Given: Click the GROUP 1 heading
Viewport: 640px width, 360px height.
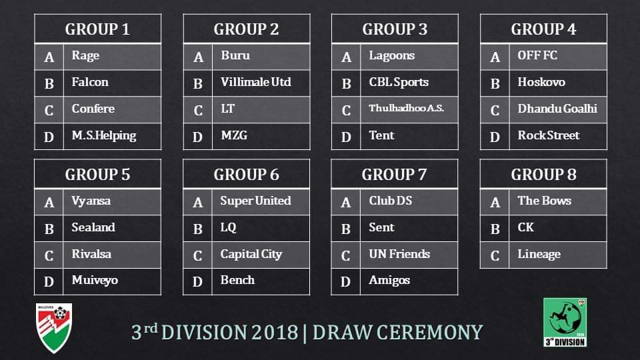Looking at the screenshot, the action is pos(97,29).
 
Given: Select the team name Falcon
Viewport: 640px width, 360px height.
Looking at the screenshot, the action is pos(90,82).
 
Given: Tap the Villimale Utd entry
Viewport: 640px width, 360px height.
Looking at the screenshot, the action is pos(256,82).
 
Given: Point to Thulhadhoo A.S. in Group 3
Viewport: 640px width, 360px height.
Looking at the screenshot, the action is pos(406,108).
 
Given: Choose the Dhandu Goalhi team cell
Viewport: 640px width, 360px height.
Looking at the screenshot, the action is pos(557,109).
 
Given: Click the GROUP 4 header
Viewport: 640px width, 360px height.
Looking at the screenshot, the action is pos(543,29).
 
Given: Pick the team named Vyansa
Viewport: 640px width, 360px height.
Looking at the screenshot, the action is pos(91,201).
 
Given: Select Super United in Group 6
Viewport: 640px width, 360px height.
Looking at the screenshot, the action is pos(255,201).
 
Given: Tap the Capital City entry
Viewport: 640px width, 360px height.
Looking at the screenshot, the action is pos(251,254).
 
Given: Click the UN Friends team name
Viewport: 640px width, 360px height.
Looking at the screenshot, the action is pos(399,254).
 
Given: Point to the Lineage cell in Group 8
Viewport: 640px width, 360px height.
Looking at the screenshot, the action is pos(539,254).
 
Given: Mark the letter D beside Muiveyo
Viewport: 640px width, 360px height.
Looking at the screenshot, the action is pos(49,281).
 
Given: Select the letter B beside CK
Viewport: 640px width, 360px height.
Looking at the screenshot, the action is pos(495,229).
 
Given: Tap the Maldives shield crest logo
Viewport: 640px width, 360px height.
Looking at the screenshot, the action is pos(54,328).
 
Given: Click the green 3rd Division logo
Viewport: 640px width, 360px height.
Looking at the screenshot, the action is pos(565,323).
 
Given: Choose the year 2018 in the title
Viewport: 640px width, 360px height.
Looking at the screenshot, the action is pos(275,333).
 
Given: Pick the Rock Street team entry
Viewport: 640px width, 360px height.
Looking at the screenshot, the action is pos(549,135).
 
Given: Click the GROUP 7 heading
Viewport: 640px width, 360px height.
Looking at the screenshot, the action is pos(394,175).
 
